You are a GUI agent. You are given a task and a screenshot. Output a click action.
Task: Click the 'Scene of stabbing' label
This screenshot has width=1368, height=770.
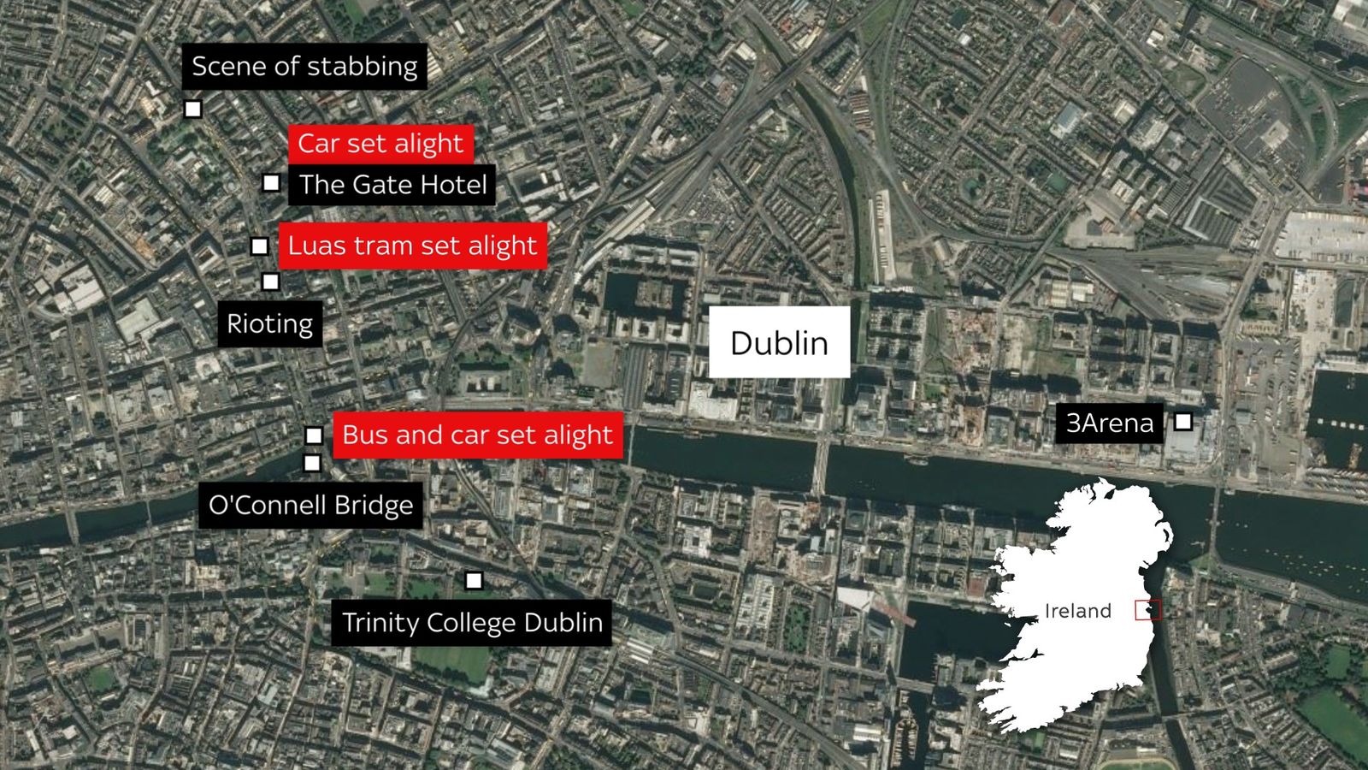click(x=304, y=67)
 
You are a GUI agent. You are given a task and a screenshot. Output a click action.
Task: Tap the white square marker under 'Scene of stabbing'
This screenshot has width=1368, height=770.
click(x=193, y=110)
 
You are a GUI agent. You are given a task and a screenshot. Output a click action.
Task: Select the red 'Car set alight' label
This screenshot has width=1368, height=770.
click(x=380, y=144)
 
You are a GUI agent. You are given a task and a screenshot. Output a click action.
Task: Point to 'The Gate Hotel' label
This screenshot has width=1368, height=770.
click(x=392, y=185)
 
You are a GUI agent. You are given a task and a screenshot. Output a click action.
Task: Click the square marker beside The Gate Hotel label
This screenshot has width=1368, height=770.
click(x=271, y=183)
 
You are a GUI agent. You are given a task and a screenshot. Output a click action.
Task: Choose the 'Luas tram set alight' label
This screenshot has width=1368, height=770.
click(x=412, y=246)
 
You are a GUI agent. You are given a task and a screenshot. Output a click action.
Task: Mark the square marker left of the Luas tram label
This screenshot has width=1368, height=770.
click(x=259, y=246)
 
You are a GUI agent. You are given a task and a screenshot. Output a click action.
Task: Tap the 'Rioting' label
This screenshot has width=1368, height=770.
click(x=270, y=324)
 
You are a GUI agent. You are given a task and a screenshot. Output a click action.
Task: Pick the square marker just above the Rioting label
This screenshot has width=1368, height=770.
click(x=270, y=281)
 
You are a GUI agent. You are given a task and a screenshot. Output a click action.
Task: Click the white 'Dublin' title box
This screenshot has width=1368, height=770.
click(x=779, y=342)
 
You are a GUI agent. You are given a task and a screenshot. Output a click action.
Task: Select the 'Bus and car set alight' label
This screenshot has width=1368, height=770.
click(x=477, y=435)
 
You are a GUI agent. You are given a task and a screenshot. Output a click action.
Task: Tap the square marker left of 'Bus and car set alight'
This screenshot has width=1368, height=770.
click(x=314, y=435)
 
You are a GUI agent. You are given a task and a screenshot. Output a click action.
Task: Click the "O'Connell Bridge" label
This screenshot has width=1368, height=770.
click(x=310, y=506)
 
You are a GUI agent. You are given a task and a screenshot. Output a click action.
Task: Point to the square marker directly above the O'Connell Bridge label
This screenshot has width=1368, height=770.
click(x=312, y=463)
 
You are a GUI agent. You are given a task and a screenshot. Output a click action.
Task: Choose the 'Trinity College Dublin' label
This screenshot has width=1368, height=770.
click(x=472, y=623)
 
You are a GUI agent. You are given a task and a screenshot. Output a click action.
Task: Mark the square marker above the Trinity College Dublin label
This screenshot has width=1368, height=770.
click(x=474, y=581)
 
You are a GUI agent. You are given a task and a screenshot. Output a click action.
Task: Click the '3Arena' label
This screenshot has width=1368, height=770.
click(x=1109, y=423)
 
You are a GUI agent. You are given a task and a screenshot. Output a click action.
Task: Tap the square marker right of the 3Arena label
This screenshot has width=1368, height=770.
click(x=1183, y=421)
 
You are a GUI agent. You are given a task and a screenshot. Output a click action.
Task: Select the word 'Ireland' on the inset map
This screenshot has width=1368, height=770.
click(x=1077, y=611)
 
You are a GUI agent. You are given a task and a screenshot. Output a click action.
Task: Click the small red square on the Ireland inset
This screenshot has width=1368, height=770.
click(x=1147, y=610)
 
